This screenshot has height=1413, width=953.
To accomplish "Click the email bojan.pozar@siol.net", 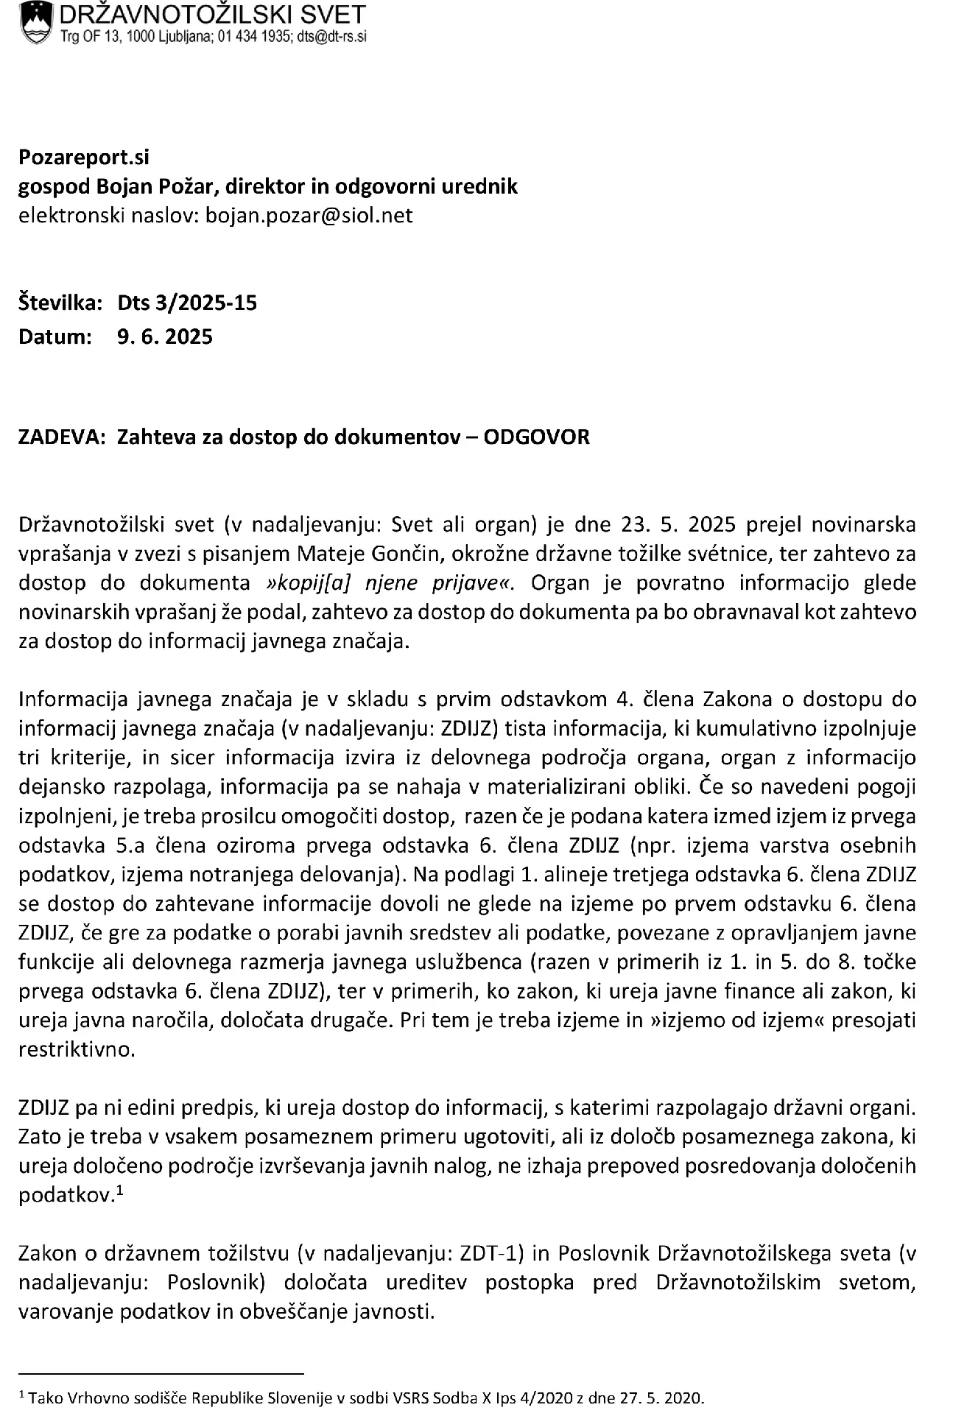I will tap(309, 215).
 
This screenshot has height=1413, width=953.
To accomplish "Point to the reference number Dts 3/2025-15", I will tap(187, 303).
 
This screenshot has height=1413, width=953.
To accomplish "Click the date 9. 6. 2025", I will tap(165, 337).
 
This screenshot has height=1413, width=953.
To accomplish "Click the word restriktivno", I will tap(77, 1049).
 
